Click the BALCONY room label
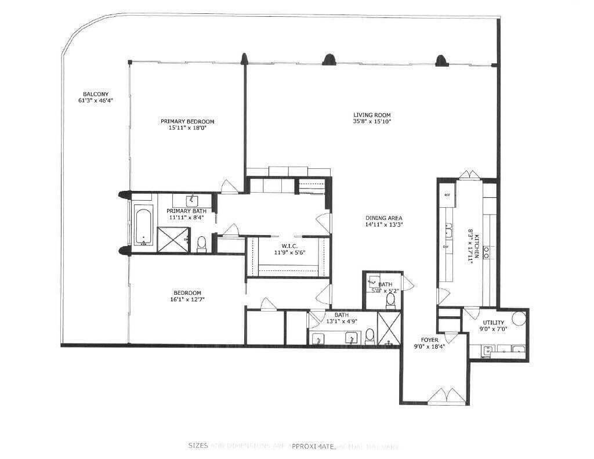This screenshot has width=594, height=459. pyautogui.click(x=96, y=94)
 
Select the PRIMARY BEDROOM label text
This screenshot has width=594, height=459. pyautogui.click(x=187, y=121)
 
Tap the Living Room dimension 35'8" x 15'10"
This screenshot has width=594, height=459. pyautogui.click(x=372, y=122)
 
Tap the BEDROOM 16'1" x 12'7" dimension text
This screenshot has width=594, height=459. pyautogui.click(x=187, y=299)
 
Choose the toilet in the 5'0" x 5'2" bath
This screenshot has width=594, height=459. pyautogui.click(x=390, y=299)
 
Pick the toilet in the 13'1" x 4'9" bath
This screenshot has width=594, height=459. pyautogui.click(x=370, y=335)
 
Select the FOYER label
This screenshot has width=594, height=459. pyautogui.click(x=430, y=339)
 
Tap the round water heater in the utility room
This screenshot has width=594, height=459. pyautogui.click(x=518, y=318)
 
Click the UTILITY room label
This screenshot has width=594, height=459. pyautogui.click(x=493, y=323)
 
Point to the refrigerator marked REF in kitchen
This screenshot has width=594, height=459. pyautogui.click(x=447, y=196)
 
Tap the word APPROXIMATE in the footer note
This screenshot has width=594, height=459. pyautogui.click(x=313, y=446)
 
